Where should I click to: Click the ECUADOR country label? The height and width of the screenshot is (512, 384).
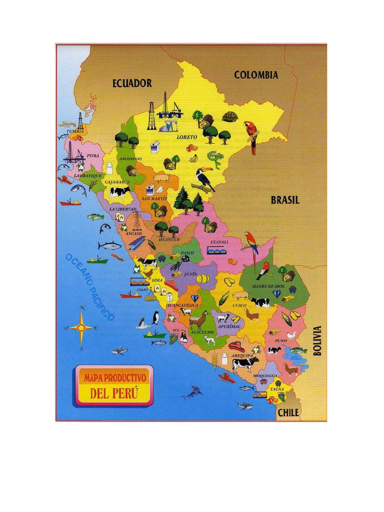coord(132,83)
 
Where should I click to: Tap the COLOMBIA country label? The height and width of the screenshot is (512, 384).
coord(256,75)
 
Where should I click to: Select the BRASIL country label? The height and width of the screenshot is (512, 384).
coord(285,200)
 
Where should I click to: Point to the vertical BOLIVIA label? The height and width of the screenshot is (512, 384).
coord(317,340)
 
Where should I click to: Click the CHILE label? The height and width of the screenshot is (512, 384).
coord(288,412)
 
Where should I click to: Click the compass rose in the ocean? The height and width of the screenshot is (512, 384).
coord(81,328)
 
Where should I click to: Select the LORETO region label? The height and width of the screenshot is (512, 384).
coord(186,136)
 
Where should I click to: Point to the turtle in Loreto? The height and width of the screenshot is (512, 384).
coord(230,117)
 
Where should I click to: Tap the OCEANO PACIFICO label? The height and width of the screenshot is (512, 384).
coord(90,287)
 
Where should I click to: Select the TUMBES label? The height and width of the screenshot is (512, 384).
coord(75,131)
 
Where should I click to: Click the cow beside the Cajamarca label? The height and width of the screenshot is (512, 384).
coord(119,192)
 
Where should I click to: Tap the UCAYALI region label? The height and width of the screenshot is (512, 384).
coord(219,242)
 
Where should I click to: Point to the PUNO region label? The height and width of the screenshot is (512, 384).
coord(281,340)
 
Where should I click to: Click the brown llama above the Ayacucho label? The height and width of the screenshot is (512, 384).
coord(198,319)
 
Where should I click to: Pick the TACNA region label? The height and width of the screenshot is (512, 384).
coord(277,388)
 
